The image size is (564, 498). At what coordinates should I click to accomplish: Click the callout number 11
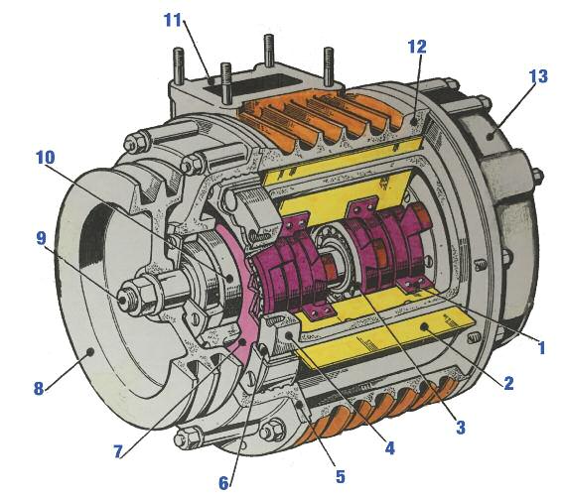[173, 20]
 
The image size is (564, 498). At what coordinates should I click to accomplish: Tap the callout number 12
[417, 47]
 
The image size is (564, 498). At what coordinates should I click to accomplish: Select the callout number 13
[538, 76]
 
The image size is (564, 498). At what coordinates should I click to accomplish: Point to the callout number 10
[46, 158]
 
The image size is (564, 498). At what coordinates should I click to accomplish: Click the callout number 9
[42, 238]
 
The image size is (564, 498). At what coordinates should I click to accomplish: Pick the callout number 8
[39, 389]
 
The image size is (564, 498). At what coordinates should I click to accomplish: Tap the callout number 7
[118, 452]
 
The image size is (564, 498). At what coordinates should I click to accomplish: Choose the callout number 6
[223, 483]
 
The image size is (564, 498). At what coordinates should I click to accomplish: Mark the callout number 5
[341, 476]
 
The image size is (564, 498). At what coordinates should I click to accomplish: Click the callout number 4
[389, 448]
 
